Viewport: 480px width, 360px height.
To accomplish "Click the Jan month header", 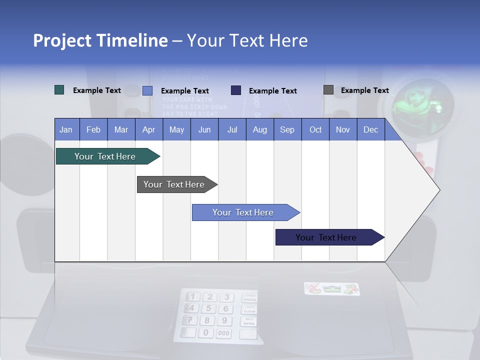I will [x=66, y=129].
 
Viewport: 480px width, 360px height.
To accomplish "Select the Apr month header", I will [x=148, y=129].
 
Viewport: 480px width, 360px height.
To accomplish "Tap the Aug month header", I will [x=259, y=129].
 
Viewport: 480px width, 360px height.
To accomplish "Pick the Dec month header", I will [x=370, y=129].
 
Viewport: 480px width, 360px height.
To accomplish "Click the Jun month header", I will [x=204, y=129].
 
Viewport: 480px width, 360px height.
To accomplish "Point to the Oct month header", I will [x=315, y=129].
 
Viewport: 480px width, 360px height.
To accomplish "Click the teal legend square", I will [x=59, y=90].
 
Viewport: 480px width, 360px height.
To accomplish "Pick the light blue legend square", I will [x=147, y=90].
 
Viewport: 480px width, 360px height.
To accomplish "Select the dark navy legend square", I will [x=236, y=90].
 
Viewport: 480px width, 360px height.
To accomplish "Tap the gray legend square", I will [x=328, y=90].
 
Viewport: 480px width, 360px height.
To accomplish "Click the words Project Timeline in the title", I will [x=100, y=40].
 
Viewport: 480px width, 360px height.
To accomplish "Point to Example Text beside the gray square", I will [x=364, y=90].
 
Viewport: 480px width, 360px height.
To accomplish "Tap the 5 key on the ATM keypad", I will [x=208, y=308].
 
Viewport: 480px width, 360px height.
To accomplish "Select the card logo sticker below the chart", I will [x=332, y=288].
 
